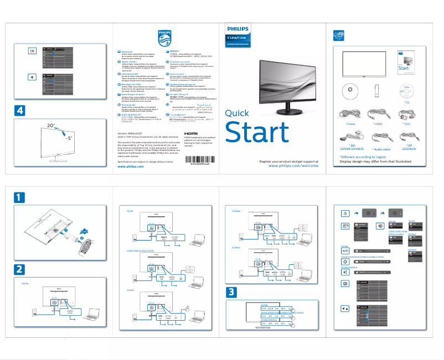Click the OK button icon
[32, 51]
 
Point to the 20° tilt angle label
[51, 126]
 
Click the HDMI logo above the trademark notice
[191, 134]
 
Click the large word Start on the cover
[257, 133]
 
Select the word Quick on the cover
[240, 113]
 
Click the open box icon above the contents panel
[338, 36]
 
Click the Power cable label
[350, 124]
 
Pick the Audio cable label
[381, 149]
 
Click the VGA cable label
[407, 124]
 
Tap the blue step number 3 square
[232, 292]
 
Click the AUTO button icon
[345, 251]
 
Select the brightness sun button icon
[345, 260]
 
